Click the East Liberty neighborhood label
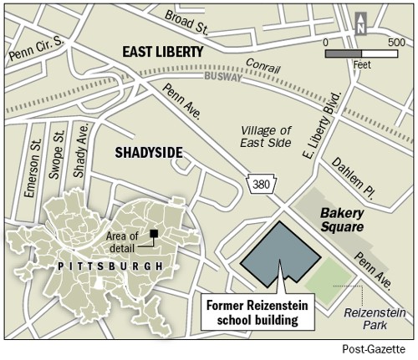point(162,52)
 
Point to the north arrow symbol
point(361,23)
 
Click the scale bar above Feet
point(360,53)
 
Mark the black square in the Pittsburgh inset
point(154,233)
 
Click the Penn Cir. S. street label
point(34,49)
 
